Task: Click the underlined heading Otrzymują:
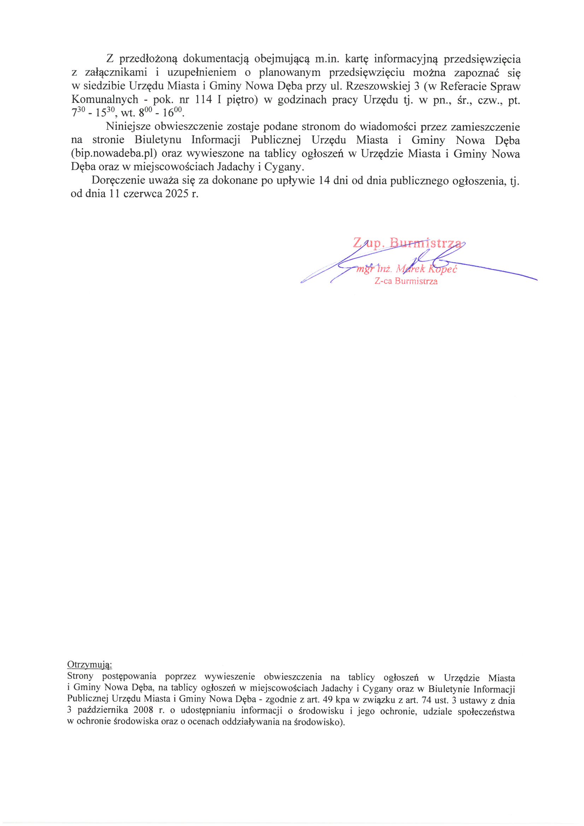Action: point(90,664)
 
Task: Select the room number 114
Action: point(204,100)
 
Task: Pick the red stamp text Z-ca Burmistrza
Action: point(406,281)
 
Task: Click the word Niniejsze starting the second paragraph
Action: point(128,126)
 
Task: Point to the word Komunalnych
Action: point(105,100)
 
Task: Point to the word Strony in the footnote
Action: point(80,676)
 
